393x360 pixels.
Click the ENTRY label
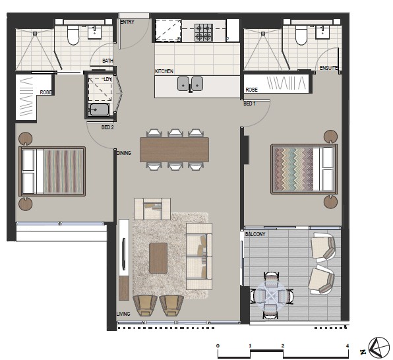pos(127,22)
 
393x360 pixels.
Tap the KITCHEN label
pos(164,71)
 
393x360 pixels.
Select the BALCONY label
pos(255,234)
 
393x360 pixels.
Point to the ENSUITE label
pos(328,68)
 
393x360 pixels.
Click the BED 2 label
pos(107,127)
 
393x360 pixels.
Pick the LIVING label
pos(123,314)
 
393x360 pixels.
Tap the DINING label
pos(124,153)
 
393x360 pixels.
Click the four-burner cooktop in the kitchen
pos(204,32)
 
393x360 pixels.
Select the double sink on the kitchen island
pos(190,84)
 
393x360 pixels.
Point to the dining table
pos(175,150)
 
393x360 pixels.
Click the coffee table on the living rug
pos(158,258)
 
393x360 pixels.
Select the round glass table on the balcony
pos(272,295)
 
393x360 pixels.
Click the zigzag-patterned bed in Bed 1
pos(304,169)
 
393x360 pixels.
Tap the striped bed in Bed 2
pos(52,171)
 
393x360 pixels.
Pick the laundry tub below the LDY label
pos(100,110)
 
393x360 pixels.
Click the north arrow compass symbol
pos(379,347)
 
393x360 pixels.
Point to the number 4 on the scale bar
pos(348,345)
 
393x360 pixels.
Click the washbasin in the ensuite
pos(323,32)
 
